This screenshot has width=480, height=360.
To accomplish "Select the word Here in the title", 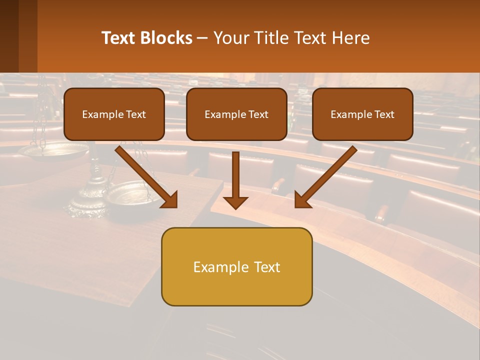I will [351, 38].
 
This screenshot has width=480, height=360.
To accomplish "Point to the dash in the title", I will [202, 38].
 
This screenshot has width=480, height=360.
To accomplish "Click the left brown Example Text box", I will [114, 114].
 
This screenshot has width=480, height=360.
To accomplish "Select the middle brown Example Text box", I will [236, 114].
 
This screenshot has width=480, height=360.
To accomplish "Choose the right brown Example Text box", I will [362, 114].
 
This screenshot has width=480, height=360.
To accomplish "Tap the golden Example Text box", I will [236, 266].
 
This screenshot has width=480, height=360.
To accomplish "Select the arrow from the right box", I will [327, 176].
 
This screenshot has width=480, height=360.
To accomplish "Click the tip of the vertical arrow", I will [235, 207].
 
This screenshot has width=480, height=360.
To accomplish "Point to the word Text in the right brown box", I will [384, 114].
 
